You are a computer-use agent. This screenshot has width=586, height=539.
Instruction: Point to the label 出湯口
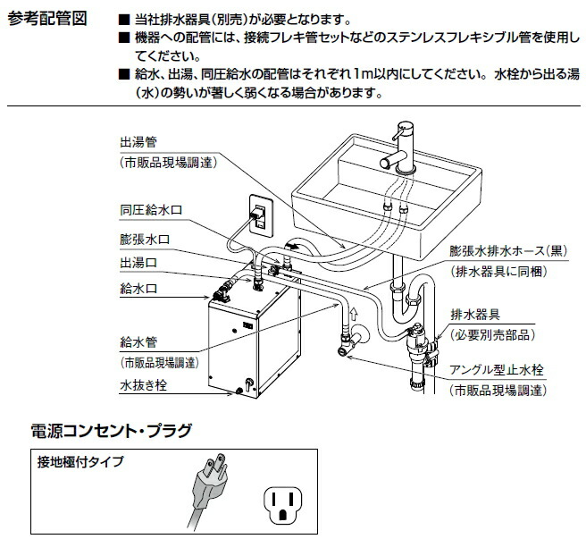click(x=138, y=265)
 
